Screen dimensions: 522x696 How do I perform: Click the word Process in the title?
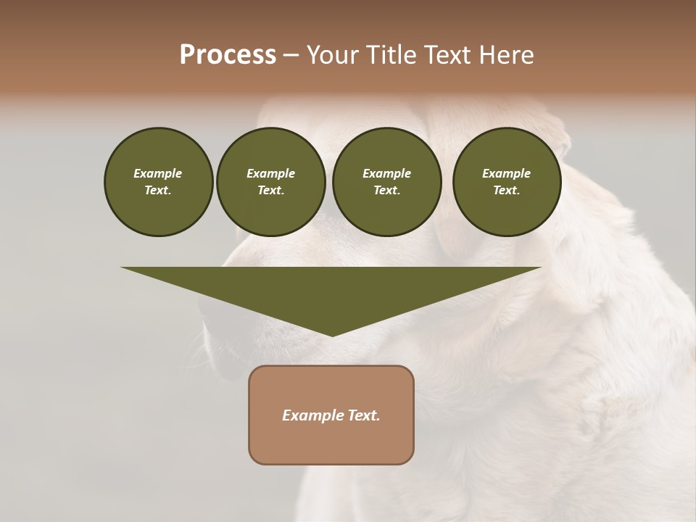coord(228,55)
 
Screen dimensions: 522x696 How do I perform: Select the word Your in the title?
coord(333,55)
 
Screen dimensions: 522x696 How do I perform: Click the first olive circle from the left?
coord(158,182)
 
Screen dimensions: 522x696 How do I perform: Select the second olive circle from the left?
coord(270,182)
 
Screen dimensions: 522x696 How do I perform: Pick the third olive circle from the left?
coord(386,182)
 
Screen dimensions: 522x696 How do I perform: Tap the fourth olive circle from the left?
coord(507,182)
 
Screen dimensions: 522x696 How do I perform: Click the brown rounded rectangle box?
coord(331,415)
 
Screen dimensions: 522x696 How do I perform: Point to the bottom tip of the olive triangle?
coord(332,335)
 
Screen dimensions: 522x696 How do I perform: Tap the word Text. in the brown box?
coord(363,415)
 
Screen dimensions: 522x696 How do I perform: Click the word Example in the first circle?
coord(158,173)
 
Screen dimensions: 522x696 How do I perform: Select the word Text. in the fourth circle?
coord(507,190)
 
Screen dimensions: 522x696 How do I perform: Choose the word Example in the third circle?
coord(386,173)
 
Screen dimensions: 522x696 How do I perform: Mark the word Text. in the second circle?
coord(270,190)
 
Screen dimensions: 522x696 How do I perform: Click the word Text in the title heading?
coord(447,55)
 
